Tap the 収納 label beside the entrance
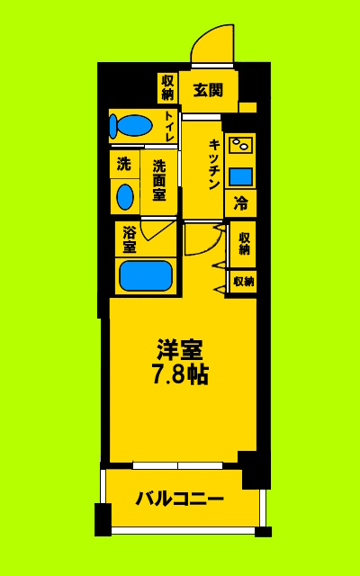click(x=167, y=86)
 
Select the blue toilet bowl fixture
click(x=135, y=125)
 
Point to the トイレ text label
click(x=169, y=126)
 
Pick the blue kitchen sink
click(x=239, y=175)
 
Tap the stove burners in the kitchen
click(x=239, y=144)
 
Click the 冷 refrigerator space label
click(x=240, y=203)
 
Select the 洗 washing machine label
click(x=124, y=165)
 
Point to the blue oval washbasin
click(x=125, y=196)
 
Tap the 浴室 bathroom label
click(x=130, y=238)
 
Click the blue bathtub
click(x=146, y=274)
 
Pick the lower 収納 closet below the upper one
click(x=243, y=282)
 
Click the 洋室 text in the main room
click(x=179, y=348)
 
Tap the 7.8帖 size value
click(x=179, y=374)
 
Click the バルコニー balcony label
click(x=180, y=498)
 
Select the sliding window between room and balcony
click(x=177, y=465)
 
